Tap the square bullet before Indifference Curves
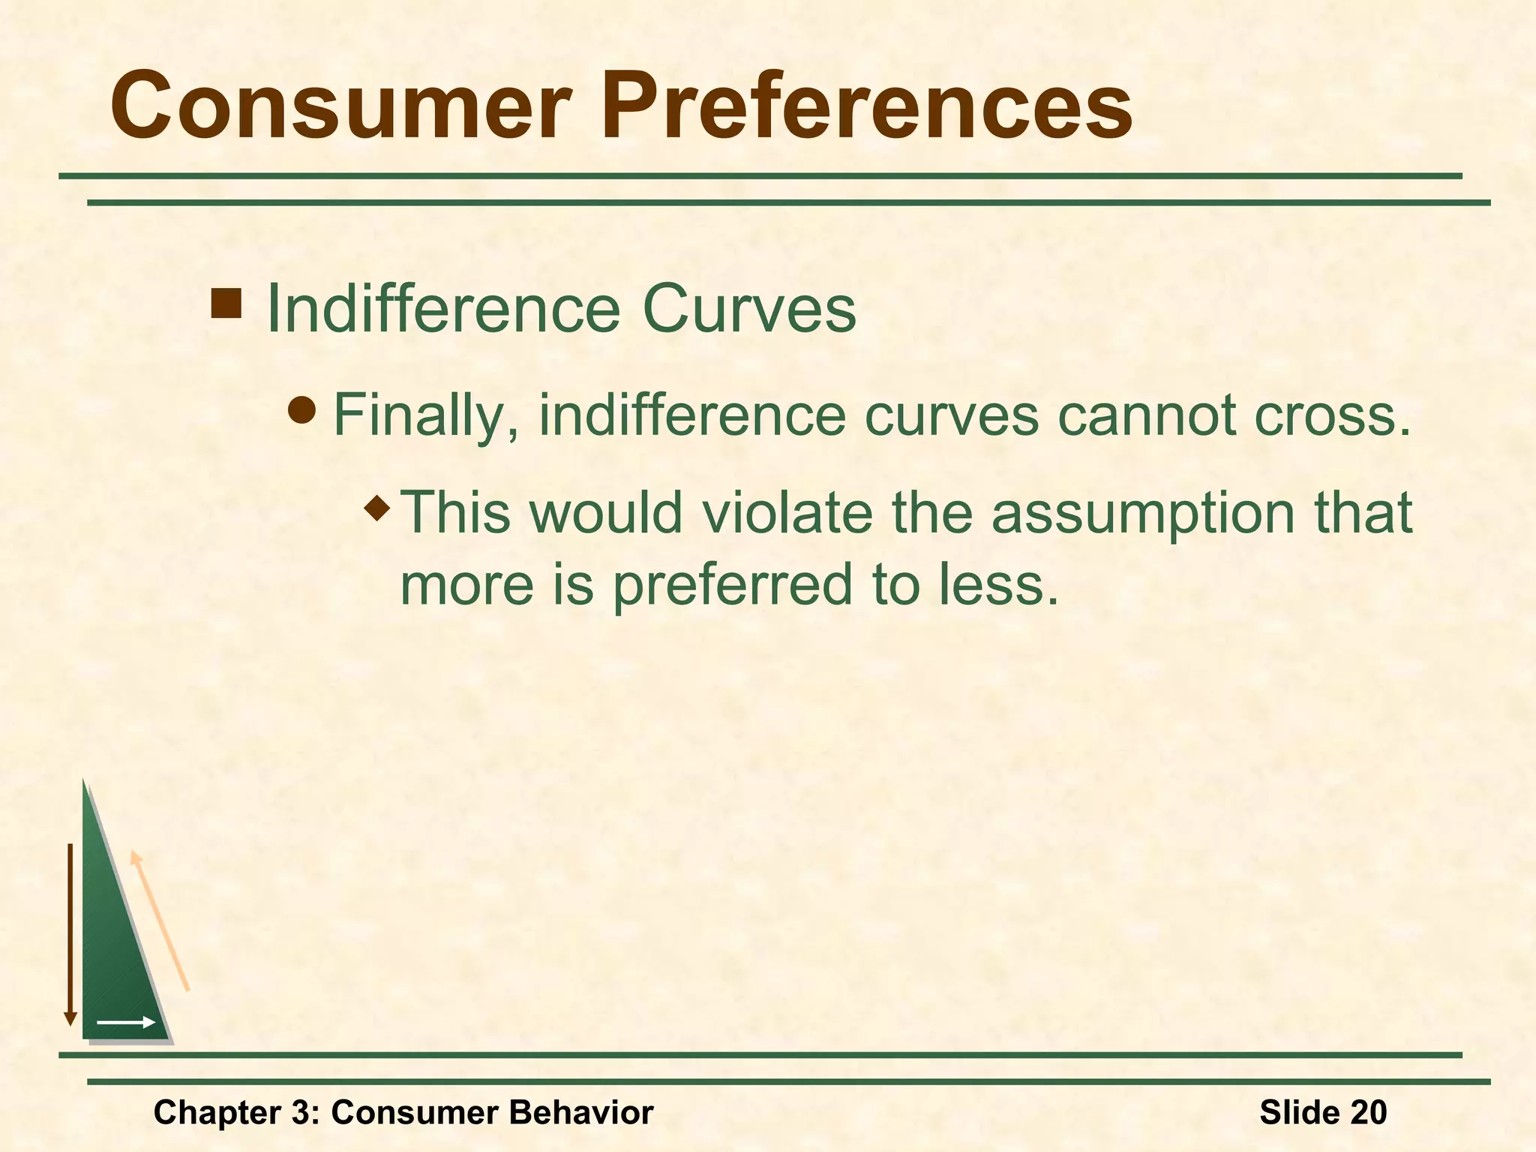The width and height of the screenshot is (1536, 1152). pos(226,303)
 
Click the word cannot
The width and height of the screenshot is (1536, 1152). pos(1147,415)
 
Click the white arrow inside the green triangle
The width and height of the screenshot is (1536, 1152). pos(126,1022)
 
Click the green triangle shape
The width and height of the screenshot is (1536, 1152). pos(112,952)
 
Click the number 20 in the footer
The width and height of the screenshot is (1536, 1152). pos(1368,1112)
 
